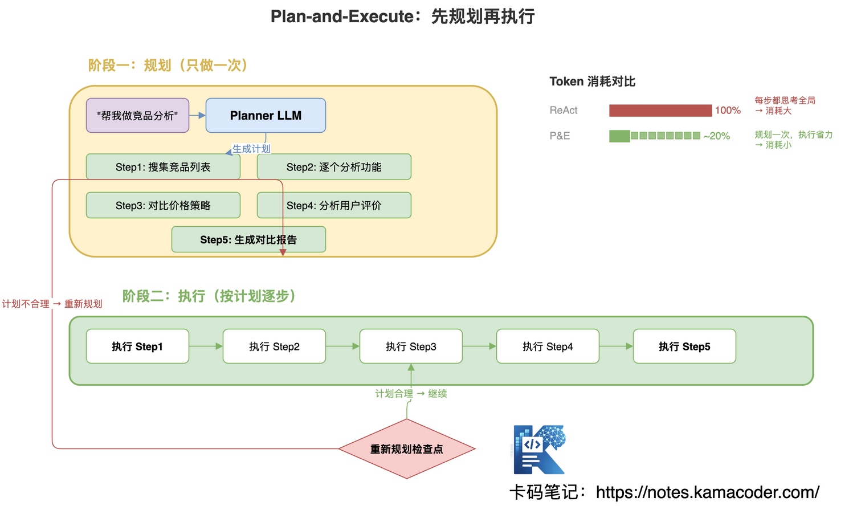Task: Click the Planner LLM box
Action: [x=266, y=116]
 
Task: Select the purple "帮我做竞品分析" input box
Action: [x=137, y=116]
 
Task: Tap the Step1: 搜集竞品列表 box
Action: [x=163, y=167]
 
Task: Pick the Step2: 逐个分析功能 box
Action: [x=334, y=167]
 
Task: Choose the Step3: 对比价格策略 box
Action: [x=163, y=205]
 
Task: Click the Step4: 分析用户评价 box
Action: [x=334, y=205]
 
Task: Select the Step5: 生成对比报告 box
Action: [x=248, y=239]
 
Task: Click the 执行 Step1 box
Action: [x=137, y=346]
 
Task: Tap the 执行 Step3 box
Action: [x=411, y=346]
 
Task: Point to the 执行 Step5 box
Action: [x=684, y=346]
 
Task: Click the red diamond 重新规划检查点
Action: [x=407, y=449]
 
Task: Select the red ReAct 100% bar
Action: [x=660, y=111]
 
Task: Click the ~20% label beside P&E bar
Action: [x=717, y=136]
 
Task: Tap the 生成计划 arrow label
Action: [x=251, y=149]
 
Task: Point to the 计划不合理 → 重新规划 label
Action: [x=52, y=304]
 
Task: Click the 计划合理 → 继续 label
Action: [x=411, y=394]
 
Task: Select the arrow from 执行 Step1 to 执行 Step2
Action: [x=206, y=346]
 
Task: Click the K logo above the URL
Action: [x=539, y=450]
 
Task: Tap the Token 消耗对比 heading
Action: [x=592, y=81]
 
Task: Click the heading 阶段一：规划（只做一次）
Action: [x=168, y=66]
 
